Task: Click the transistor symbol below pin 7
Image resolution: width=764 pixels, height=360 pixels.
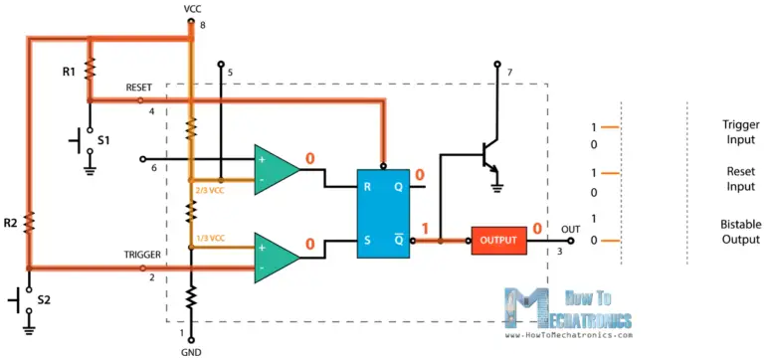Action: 485,156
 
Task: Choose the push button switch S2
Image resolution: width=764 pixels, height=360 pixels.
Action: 25,297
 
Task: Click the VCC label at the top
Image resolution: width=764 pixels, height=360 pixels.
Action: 192,8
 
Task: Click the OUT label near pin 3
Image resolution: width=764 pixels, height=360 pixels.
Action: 569,229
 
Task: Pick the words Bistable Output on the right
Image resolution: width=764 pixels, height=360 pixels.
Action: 741,232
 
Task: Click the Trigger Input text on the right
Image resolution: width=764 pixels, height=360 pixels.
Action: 740,133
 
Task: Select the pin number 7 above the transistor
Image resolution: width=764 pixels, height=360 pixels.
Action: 509,73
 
